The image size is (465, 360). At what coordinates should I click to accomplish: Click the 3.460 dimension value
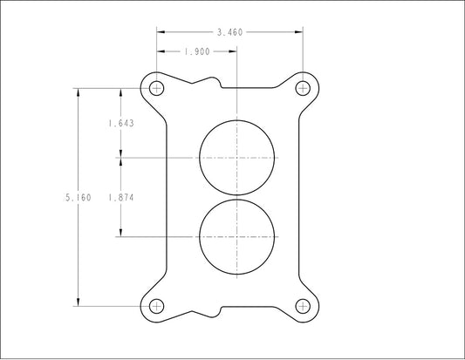coord(229,32)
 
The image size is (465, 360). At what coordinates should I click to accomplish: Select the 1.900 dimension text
coord(197,51)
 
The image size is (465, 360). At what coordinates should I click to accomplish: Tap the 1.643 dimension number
coord(121,123)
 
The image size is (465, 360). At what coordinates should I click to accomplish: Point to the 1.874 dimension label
coord(121,197)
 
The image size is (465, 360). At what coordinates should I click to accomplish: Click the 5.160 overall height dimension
coord(78,197)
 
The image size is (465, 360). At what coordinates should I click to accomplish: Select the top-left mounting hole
coord(156,88)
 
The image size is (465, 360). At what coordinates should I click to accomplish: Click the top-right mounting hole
coord(303,88)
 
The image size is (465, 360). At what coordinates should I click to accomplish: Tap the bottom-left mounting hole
coord(156,306)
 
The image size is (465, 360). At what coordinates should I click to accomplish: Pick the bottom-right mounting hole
coord(303,306)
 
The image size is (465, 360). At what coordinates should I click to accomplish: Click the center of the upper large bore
coord(236,158)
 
